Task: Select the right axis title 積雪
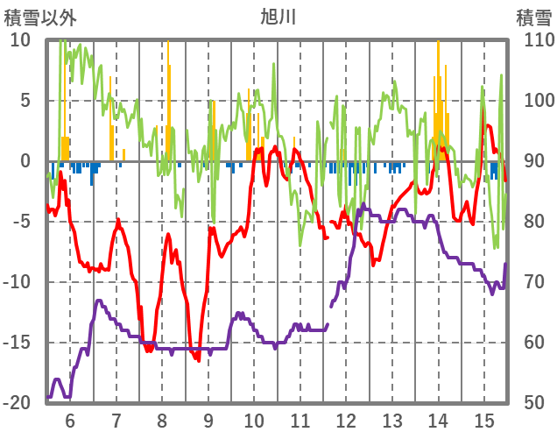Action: [x=532, y=17]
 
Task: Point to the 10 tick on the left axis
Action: [x=21, y=40]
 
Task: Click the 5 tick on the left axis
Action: [x=25, y=101]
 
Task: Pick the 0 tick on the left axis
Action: [x=25, y=161]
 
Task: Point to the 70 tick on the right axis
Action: [x=532, y=282]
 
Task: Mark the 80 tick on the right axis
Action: [x=532, y=222]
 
